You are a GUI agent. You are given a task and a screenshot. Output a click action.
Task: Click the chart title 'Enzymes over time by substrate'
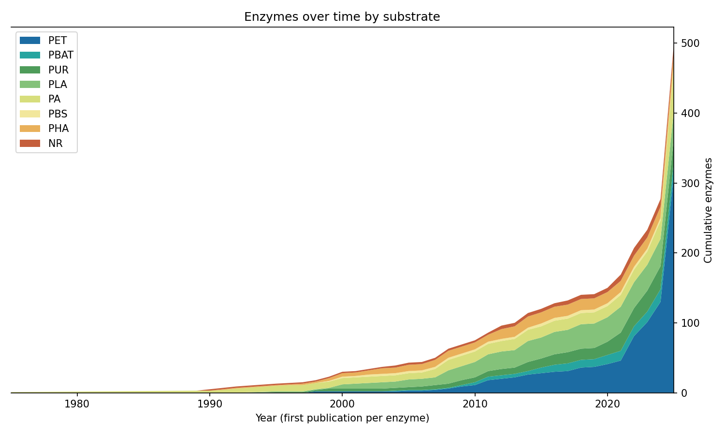pos(342,17)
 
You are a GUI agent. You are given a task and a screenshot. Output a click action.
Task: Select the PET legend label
pos(58,41)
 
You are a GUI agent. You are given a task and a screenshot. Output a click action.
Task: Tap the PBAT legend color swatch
pos(30,55)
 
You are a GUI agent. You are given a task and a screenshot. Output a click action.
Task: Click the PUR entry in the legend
pos(58,70)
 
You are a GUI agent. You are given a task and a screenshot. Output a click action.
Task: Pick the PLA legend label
pos(58,85)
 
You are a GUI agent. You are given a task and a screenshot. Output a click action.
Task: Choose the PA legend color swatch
pos(30,99)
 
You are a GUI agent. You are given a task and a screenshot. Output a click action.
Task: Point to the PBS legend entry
pos(58,114)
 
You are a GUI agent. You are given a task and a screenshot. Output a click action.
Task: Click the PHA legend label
pos(58,129)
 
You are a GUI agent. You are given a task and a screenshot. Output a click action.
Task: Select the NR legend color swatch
pos(30,144)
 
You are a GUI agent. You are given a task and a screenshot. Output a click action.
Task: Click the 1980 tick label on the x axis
pos(76,404)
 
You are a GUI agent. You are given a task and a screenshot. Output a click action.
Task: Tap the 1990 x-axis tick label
pos(209,404)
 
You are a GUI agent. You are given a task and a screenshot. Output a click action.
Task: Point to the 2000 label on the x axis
pos(342,404)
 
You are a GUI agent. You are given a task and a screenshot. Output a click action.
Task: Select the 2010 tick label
pos(475,404)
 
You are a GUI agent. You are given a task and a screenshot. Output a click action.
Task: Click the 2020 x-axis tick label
pos(608,404)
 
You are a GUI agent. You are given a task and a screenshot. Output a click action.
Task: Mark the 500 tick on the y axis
pos(690,43)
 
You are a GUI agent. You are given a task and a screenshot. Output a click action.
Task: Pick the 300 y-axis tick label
pos(690,183)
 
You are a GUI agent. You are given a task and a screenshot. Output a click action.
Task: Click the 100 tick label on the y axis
pos(690,323)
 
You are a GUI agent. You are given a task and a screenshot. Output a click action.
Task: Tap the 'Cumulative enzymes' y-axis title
pos(708,210)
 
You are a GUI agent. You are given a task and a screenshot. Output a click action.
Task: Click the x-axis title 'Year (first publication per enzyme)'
pos(342,418)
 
